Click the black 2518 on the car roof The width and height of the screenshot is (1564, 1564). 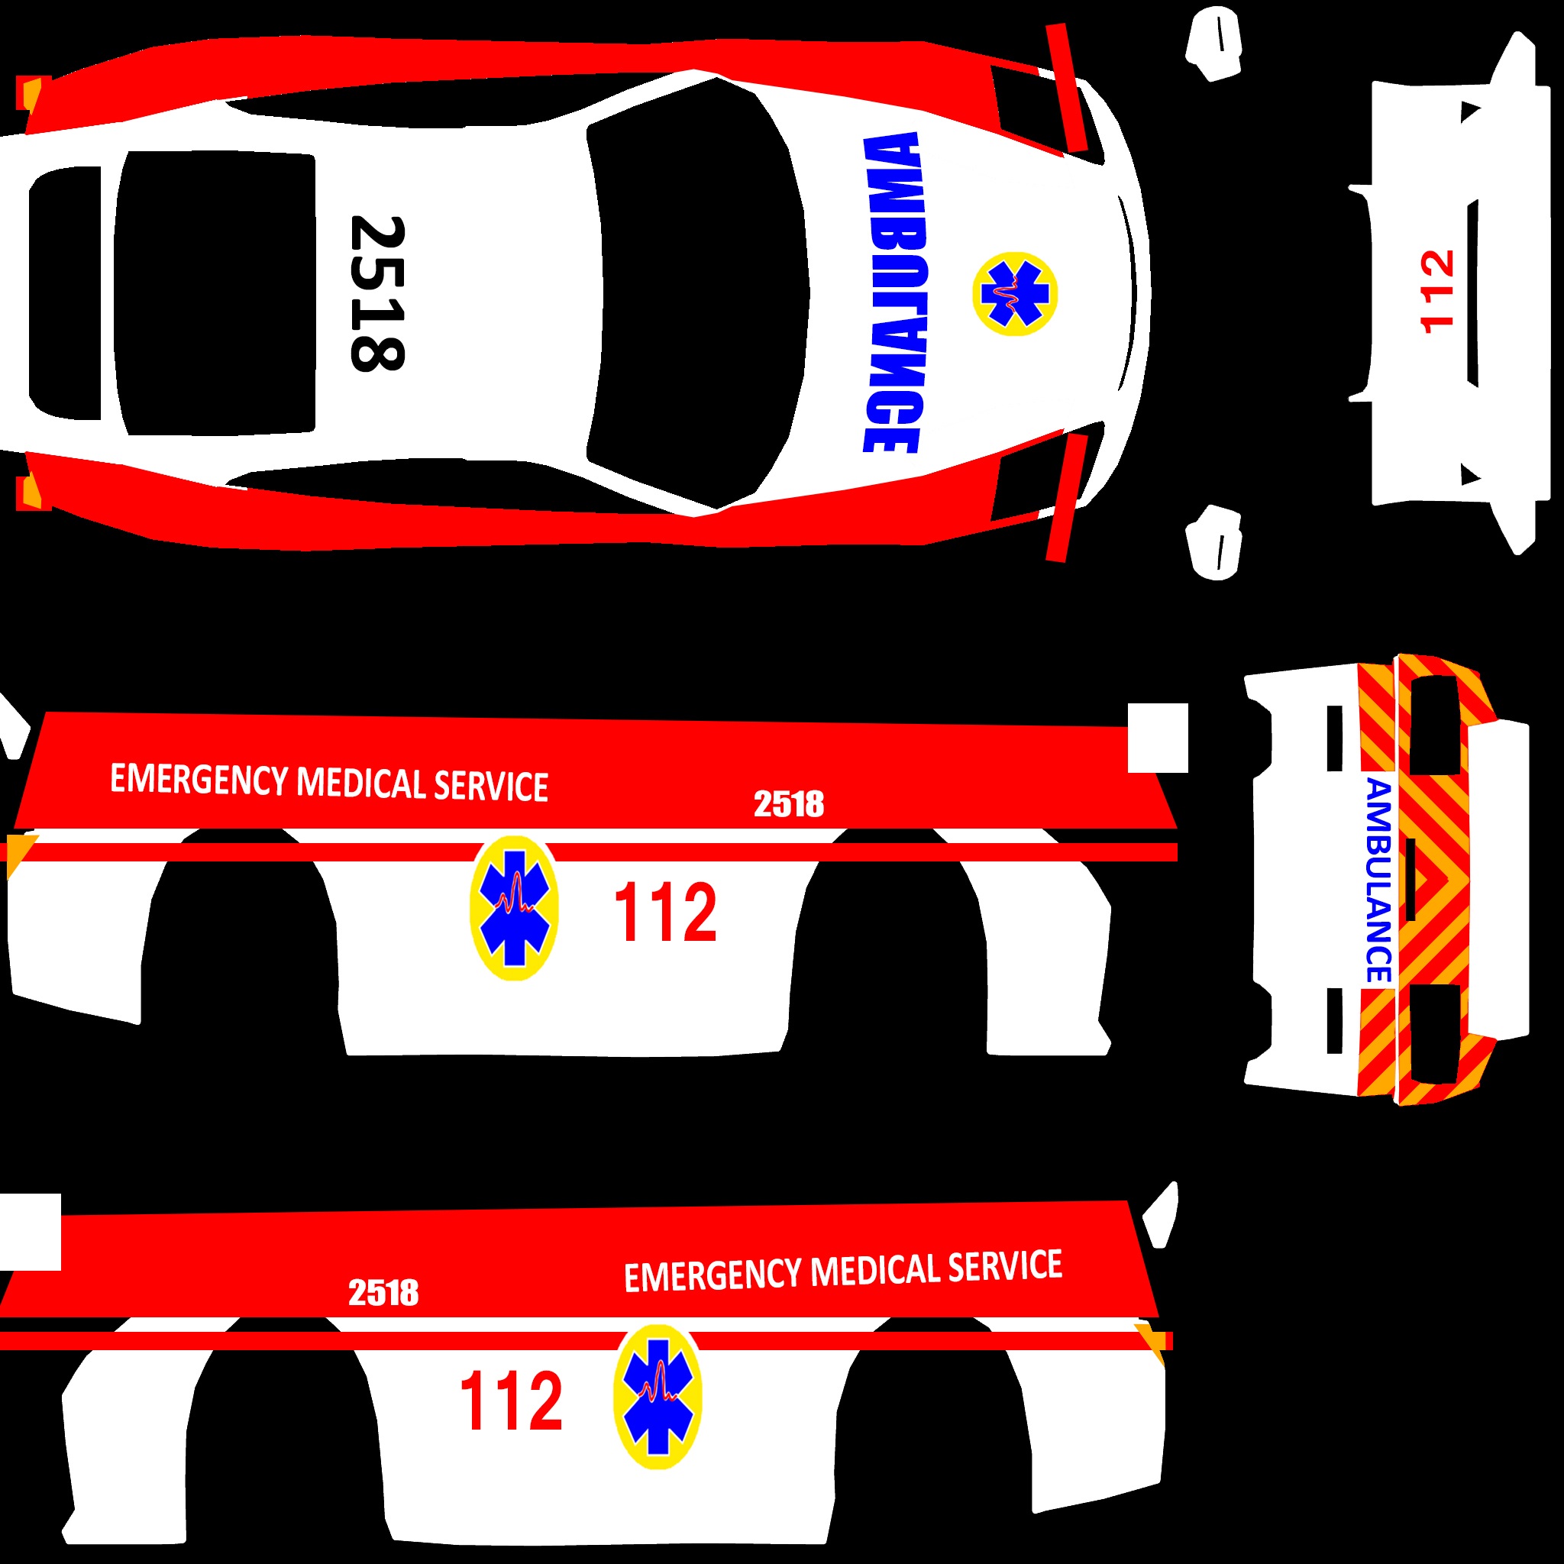[x=376, y=293]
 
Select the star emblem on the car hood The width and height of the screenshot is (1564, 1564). [x=1014, y=293]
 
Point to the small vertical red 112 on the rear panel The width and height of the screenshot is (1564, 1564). [x=1437, y=292]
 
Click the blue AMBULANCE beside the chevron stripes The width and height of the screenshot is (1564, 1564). [x=1378, y=881]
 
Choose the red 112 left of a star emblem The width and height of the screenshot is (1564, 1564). [x=511, y=1400]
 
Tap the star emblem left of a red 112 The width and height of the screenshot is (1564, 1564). [x=514, y=908]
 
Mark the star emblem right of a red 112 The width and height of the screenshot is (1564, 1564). [x=658, y=1397]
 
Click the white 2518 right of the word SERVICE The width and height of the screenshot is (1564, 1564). [x=788, y=804]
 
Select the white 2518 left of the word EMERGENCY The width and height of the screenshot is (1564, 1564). [x=383, y=1293]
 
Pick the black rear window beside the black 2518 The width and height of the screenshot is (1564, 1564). [x=215, y=293]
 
